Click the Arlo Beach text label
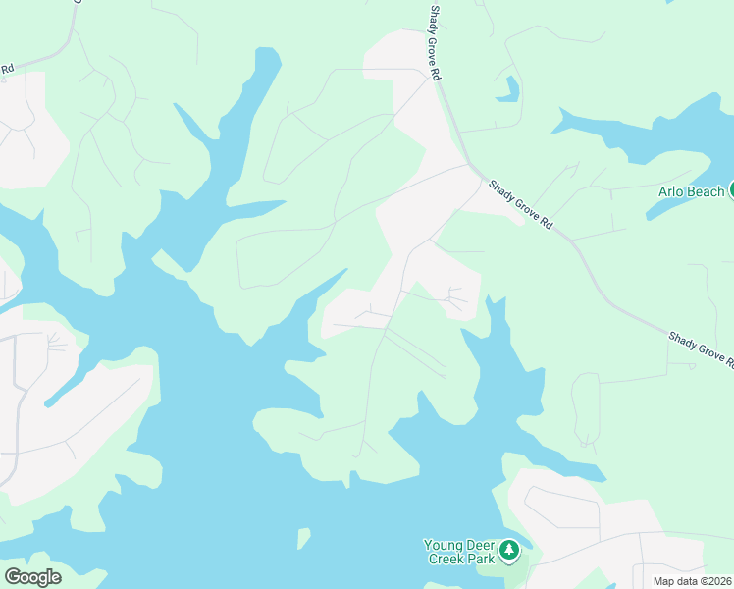coord(691,191)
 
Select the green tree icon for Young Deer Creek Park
coord(508,551)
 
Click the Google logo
coord(32,577)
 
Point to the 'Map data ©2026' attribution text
coord(693,580)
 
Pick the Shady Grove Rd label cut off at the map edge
coord(701,348)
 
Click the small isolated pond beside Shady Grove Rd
coord(507,90)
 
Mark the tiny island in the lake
coord(303,538)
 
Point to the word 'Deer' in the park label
coord(482,545)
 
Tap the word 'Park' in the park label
coord(480,559)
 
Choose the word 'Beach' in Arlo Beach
coord(705,191)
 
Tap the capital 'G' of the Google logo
coord(13,576)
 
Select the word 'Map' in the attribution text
coord(664,580)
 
